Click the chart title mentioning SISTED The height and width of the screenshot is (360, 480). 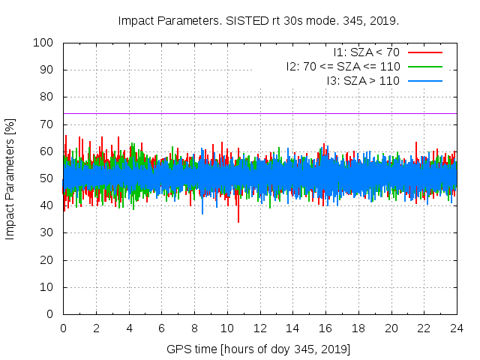[x=259, y=21]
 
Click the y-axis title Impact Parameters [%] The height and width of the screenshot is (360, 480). [x=10, y=178]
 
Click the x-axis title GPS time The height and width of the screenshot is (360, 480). [x=259, y=349]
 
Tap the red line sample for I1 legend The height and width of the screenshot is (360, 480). [x=424, y=52]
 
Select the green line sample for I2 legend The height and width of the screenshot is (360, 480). [x=424, y=66]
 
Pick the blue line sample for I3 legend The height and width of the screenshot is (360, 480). [x=424, y=80]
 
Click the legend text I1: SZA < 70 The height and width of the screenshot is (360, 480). [x=367, y=52]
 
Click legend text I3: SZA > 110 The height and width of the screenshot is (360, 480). [x=363, y=80]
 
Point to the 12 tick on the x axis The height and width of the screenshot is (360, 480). [x=259, y=328]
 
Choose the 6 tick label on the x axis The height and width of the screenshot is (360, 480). [x=161, y=328]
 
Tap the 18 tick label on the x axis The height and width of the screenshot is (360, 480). [x=358, y=328]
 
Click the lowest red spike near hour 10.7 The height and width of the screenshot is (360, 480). [x=238, y=220]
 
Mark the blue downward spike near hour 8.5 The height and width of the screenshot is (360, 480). [x=202, y=212]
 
